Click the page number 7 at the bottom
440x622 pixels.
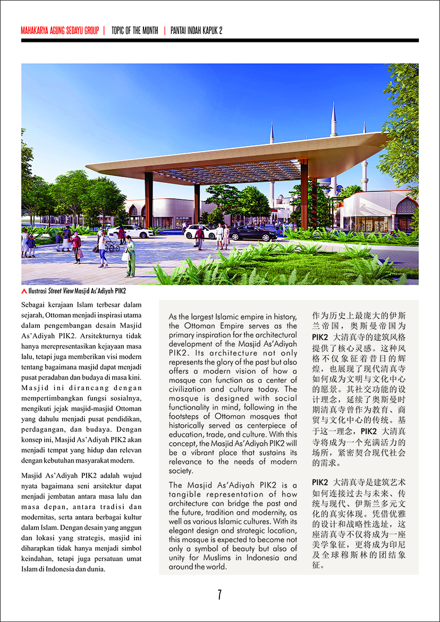click(x=219, y=594)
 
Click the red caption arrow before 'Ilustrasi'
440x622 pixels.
click(x=24, y=291)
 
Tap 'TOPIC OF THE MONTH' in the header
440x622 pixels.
click(x=134, y=31)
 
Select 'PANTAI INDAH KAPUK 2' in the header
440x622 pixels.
click(x=196, y=31)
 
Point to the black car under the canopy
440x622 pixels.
click(x=252, y=233)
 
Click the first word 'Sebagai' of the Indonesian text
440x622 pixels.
click(x=33, y=305)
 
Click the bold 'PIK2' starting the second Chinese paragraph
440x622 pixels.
click(x=320, y=482)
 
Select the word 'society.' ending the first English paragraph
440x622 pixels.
click(x=181, y=470)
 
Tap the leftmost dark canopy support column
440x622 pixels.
click(x=149, y=199)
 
